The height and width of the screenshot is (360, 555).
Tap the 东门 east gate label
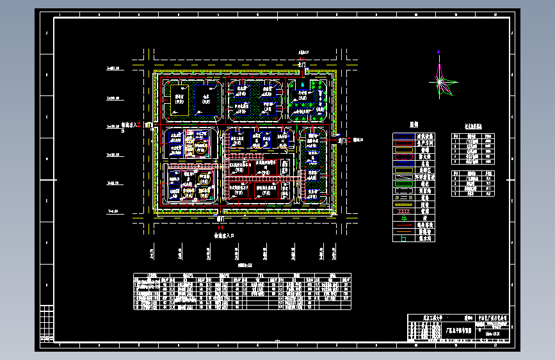coord(341,140)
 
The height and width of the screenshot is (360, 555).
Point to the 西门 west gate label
coord(149,125)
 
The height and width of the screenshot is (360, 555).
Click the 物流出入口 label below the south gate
coord(225,235)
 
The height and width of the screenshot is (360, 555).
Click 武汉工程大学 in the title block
coord(434,318)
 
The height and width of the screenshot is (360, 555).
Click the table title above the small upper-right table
coord(474,127)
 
